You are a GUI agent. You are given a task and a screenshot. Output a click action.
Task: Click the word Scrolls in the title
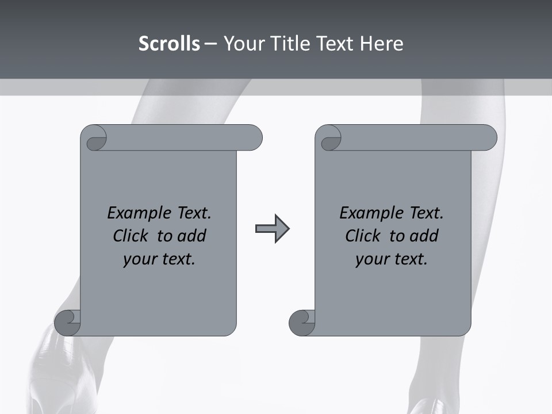(169, 44)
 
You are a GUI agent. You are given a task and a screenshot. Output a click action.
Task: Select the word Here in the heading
(381, 44)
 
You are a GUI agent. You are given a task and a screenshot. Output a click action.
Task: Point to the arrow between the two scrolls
(272, 229)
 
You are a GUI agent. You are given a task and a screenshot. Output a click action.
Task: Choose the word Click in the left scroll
(131, 236)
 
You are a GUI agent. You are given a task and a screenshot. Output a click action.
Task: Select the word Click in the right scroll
(363, 236)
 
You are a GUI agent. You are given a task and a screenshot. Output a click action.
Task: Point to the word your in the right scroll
(371, 259)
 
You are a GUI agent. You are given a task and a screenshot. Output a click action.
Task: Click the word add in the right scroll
(424, 236)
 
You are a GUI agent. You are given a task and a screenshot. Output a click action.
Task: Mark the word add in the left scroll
(191, 236)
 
